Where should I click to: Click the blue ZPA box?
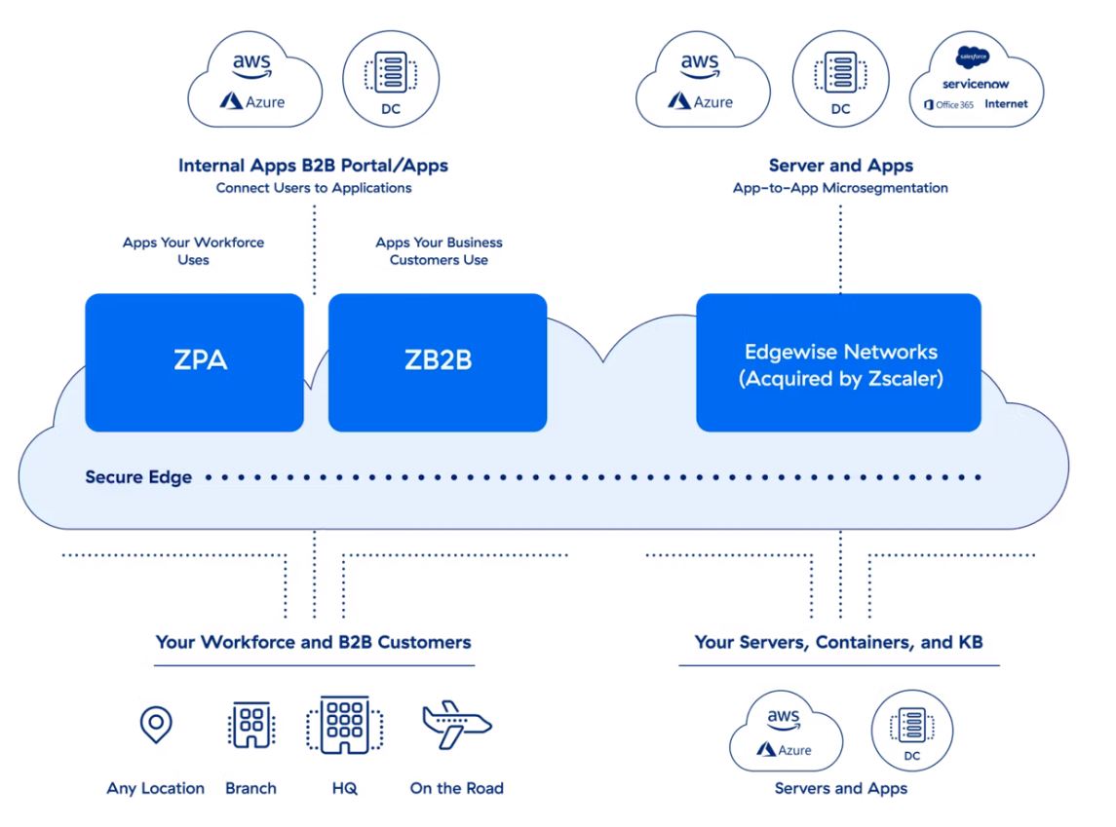(x=194, y=362)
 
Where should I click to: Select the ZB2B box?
(x=438, y=362)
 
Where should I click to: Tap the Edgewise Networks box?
(x=838, y=362)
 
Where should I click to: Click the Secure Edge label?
(x=138, y=477)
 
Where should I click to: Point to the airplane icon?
(x=456, y=725)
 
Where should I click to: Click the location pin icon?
(x=156, y=725)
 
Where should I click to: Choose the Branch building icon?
(x=251, y=725)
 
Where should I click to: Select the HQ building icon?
(x=345, y=725)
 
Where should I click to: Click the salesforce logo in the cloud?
(x=973, y=56)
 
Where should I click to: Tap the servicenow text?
(x=975, y=84)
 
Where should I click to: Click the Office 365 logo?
(x=948, y=104)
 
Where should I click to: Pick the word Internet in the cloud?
(x=1006, y=104)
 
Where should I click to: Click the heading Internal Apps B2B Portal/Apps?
(x=313, y=166)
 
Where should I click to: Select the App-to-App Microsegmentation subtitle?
(x=840, y=188)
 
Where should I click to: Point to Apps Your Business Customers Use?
(x=440, y=251)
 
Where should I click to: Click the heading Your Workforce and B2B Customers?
(x=313, y=642)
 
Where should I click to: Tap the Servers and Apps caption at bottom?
(x=840, y=788)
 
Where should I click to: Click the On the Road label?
(x=456, y=788)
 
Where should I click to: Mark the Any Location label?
(x=155, y=788)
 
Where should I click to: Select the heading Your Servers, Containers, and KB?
(x=838, y=642)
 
